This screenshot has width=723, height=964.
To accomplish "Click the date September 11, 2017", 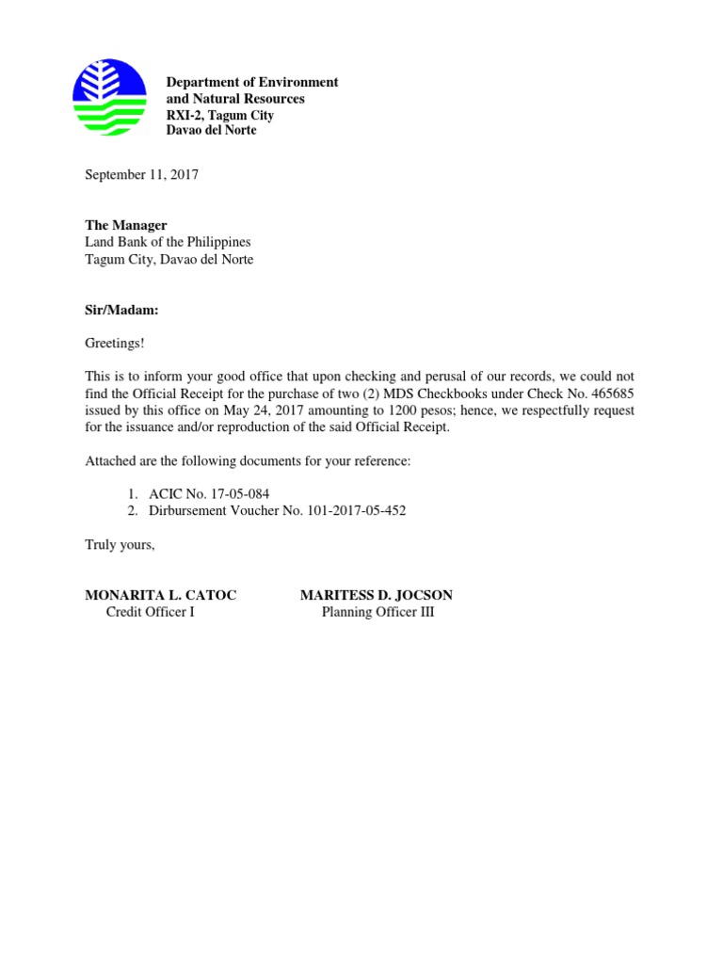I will (x=142, y=175).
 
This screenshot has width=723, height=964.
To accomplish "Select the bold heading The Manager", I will (x=126, y=226).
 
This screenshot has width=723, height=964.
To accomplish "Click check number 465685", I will (x=612, y=394).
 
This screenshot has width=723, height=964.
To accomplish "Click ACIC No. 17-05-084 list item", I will (x=209, y=493).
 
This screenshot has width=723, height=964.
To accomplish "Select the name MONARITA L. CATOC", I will (x=161, y=595).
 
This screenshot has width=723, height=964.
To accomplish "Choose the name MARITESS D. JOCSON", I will (x=377, y=595).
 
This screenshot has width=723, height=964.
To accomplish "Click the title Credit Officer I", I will (x=151, y=612).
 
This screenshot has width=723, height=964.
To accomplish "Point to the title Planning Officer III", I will (x=378, y=612).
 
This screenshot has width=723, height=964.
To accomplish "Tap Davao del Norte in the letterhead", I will (x=211, y=130).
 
